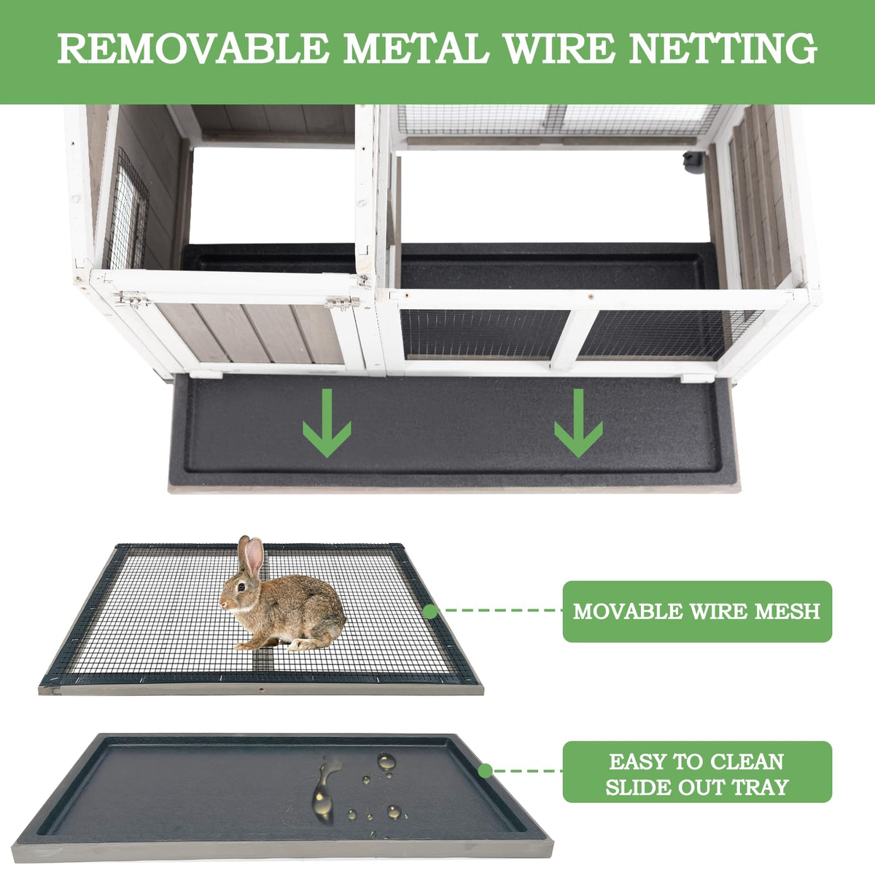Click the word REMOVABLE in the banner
coord(193,47)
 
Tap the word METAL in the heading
coord(416,47)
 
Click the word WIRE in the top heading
coord(559,47)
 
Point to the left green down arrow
coord(327,423)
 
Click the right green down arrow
coord(578,423)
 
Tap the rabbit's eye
coord(241,587)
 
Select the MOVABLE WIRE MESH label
coord(697,611)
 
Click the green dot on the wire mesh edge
coord(430,612)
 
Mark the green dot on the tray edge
coord(485,770)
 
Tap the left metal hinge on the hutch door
coord(132,298)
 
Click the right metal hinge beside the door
coord(343,301)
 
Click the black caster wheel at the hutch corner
coord(693,162)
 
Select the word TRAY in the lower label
coord(760,787)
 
